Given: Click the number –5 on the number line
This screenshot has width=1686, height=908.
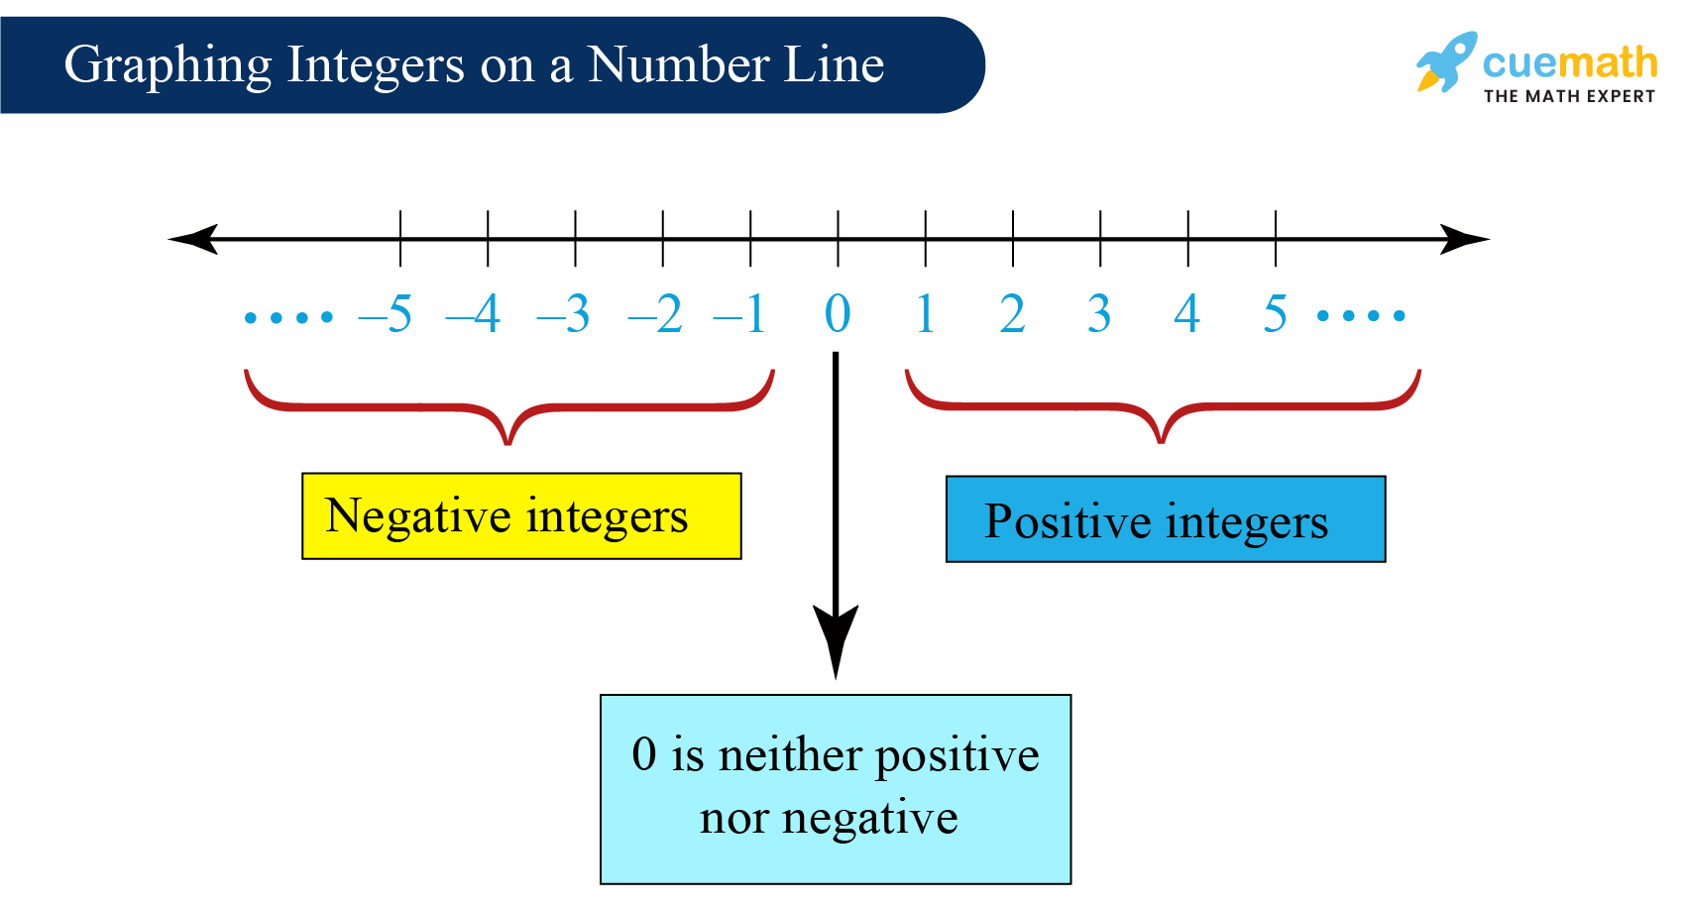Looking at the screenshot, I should click(x=387, y=315).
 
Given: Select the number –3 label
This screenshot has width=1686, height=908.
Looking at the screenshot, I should click(x=564, y=315).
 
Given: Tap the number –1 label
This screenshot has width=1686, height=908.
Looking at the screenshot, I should click(x=740, y=315).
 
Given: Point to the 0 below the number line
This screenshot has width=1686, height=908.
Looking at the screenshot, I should click(x=838, y=315).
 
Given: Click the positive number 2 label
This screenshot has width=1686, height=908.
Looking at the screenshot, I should click(x=1012, y=315).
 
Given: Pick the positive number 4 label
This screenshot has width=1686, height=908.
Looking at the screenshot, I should click(x=1186, y=315).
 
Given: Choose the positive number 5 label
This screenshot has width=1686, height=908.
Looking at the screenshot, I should click(x=1275, y=315).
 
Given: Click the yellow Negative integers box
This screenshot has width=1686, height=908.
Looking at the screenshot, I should click(x=521, y=516).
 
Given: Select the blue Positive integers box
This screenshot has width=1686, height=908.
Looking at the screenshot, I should click(x=1165, y=519).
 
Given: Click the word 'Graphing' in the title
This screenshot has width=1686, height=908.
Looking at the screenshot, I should click(x=168, y=66).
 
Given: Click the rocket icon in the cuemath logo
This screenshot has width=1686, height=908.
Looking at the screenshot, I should click(x=1446, y=61).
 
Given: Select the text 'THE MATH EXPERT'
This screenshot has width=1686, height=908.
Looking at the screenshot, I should click(x=1569, y=96).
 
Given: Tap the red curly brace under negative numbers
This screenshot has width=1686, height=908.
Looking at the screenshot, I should click(x=508, y=407).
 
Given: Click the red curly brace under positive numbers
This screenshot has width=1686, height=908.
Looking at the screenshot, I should click(x=1162, y=407).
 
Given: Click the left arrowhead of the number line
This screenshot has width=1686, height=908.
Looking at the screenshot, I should click(x=192, y=239).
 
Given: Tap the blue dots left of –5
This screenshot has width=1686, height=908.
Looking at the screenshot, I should click(x=288, y=317).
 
